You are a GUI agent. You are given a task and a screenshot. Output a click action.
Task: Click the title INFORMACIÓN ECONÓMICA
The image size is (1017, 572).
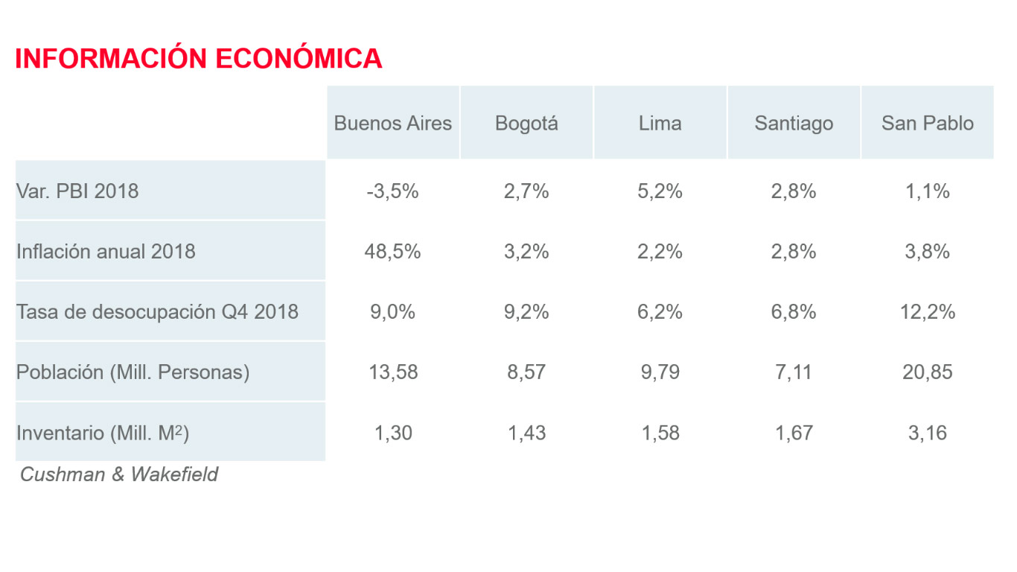coord(199,59)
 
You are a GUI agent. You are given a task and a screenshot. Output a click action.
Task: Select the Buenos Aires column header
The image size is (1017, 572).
coord(392,123)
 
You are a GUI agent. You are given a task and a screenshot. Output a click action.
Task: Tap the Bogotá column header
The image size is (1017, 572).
coord(526,123)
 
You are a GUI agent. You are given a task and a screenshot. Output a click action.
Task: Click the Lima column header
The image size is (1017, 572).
coord(660,123)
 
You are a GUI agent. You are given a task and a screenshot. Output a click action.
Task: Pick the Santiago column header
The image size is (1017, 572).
coord(794,123)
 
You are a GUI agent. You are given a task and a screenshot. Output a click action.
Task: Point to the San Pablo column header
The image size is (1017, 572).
coord(928,123)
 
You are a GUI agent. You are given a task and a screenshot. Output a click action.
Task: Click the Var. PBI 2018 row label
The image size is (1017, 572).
coord(77,191)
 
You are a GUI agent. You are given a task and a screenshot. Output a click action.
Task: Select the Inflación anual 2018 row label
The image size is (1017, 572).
coord(106,251)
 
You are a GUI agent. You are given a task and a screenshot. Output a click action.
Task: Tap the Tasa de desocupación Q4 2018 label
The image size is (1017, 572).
coord(157,311)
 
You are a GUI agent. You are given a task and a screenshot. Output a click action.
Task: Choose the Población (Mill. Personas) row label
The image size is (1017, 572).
coord(133,372)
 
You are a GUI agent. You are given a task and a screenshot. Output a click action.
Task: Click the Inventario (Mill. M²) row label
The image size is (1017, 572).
coord(103,432)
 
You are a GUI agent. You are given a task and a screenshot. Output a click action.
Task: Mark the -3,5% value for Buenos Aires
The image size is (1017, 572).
coord(392,191)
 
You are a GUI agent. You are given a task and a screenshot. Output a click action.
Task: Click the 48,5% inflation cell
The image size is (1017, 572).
coord(392,251)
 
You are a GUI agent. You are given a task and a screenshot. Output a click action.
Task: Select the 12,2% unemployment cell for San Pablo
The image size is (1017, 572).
coord(928,311)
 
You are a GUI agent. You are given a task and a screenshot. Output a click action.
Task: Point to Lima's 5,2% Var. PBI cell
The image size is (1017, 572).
coord(660,191)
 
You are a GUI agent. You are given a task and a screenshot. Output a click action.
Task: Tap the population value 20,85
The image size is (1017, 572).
coord(928,372)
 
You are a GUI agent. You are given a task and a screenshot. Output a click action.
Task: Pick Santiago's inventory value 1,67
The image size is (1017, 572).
coord(794,432)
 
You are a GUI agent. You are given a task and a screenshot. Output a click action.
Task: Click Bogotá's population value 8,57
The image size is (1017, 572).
coord(526,372)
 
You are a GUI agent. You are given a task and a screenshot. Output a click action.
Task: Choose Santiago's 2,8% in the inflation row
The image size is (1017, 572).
coord(794,251)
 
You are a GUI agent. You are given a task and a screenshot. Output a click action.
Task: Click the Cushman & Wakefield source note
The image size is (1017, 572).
coord(119,474)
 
